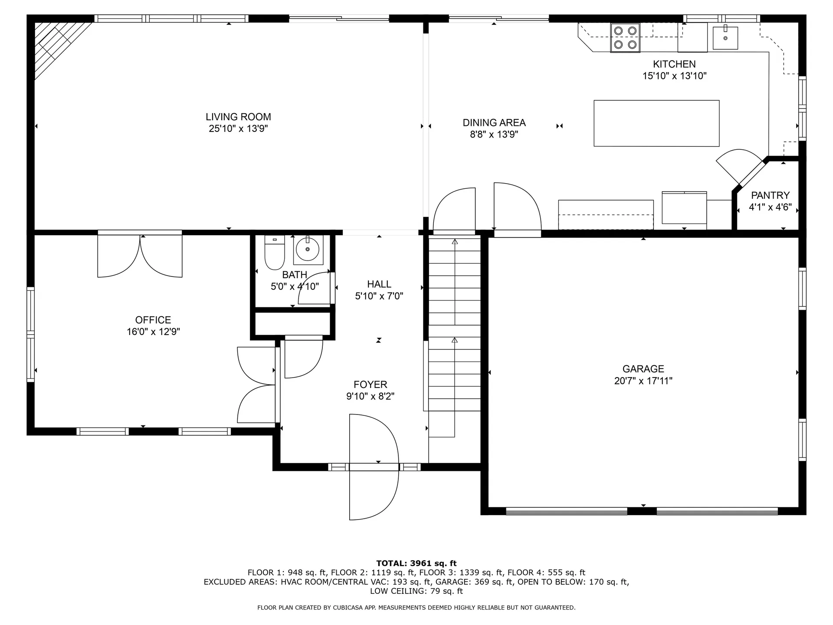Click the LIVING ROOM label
point(238,117)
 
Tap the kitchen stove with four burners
point(625,38)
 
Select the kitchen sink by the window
point(725,38)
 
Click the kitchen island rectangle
point(656,123)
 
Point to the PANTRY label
point(770,195)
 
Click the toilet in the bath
point(274,254)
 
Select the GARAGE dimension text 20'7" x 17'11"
point(643,381)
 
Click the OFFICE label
point(153,320)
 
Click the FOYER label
point(370,385)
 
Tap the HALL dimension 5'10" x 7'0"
point(379,296)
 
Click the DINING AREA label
point(494,123)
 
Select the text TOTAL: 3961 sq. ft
point(416,563)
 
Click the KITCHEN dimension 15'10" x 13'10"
point(674,76)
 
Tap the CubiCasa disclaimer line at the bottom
point(416,608)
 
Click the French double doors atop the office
point(140,256)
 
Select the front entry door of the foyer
point(373,467)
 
